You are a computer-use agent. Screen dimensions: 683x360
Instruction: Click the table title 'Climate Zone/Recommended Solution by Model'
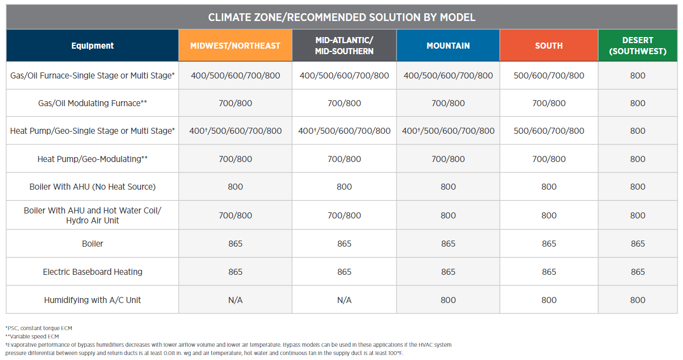342,17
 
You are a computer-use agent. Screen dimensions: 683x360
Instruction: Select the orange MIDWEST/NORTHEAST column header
235,46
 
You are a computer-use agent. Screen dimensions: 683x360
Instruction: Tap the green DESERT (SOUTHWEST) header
638,46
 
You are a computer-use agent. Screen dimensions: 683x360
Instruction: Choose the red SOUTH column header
549,46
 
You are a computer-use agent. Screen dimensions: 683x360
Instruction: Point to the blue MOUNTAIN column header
448,46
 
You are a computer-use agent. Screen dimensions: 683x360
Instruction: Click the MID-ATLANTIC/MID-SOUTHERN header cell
344,46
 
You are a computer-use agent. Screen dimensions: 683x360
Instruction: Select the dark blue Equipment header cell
92,46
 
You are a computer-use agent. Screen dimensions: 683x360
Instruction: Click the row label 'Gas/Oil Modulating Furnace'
92,103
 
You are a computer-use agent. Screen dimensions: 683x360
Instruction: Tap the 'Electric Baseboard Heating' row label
92,272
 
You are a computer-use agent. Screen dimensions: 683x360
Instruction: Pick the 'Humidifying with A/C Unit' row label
92,300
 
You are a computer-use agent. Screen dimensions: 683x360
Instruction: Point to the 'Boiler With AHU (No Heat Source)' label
92,186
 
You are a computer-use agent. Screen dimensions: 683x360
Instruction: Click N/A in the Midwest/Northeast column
235,300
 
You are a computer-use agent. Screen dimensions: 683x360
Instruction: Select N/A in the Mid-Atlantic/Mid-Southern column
344,300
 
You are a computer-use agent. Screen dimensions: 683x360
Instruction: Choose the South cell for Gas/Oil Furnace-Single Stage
549,76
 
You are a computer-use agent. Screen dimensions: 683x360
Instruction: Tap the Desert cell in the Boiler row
638,243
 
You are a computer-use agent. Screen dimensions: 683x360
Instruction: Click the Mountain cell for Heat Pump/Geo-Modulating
448,159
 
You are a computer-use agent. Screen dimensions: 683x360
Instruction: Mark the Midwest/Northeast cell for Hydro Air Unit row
235,216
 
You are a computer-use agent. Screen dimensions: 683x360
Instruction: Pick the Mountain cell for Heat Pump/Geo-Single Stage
448,131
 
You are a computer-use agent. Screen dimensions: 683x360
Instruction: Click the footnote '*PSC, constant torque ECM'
39,328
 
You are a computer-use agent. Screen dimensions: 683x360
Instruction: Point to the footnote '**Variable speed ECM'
32,337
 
